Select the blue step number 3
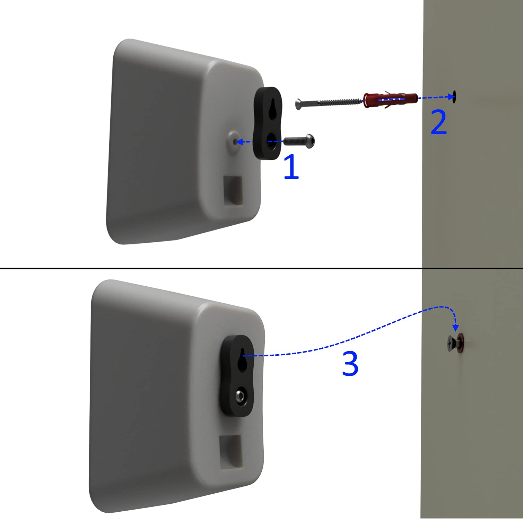(x=350, y=364)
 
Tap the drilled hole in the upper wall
(x=454, y=96)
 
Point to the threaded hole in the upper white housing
(x=234, y=141)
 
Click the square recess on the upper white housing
(x=233, y=190)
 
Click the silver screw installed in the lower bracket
(x=240, y=397)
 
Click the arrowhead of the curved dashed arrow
(x=456, y=328)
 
